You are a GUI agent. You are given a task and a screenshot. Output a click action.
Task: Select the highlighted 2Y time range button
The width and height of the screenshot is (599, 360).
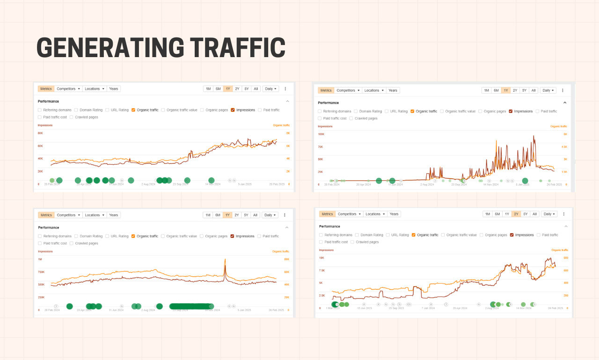tap(516, 214)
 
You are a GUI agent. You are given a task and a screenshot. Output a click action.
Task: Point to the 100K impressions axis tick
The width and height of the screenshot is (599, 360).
tap(321, 134)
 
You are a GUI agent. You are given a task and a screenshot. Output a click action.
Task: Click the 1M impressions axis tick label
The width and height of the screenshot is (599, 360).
tap(40, 259)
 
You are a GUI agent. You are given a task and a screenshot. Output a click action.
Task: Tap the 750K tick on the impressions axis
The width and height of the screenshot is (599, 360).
tap(41, 272)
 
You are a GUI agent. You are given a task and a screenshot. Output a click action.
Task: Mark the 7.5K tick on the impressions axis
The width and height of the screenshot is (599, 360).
tap(322, 270)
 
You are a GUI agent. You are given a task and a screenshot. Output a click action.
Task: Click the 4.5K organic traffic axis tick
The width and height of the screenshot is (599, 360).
tap(564, 147)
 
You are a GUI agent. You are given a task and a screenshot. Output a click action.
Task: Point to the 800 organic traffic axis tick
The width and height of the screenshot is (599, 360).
tap(566, 258)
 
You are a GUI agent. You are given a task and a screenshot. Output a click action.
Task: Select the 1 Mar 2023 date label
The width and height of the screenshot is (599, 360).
tap(333, 308)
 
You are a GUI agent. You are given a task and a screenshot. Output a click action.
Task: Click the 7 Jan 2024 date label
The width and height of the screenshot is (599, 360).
tap(428, 308)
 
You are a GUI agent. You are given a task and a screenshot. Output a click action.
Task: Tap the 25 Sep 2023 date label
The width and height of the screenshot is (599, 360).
tap(396, 308)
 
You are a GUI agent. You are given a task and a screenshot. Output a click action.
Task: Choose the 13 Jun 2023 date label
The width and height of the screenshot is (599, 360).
tap(365, 308)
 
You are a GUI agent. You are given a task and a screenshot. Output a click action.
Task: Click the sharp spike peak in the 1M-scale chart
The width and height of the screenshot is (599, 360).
tap(225, 259)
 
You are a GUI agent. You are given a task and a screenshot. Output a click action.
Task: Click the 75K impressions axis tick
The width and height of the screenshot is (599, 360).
tap(321, 147)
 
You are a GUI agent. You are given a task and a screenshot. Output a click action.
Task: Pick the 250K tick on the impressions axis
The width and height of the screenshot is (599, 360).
tap(41, 297)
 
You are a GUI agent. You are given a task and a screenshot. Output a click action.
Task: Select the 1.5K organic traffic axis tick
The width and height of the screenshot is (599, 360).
tap(564, 172)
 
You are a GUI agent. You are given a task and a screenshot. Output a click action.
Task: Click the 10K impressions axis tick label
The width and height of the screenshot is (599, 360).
tap(321, 258)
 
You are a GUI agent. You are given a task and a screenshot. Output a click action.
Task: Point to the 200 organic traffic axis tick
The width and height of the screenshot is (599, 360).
tap(566, 296)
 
